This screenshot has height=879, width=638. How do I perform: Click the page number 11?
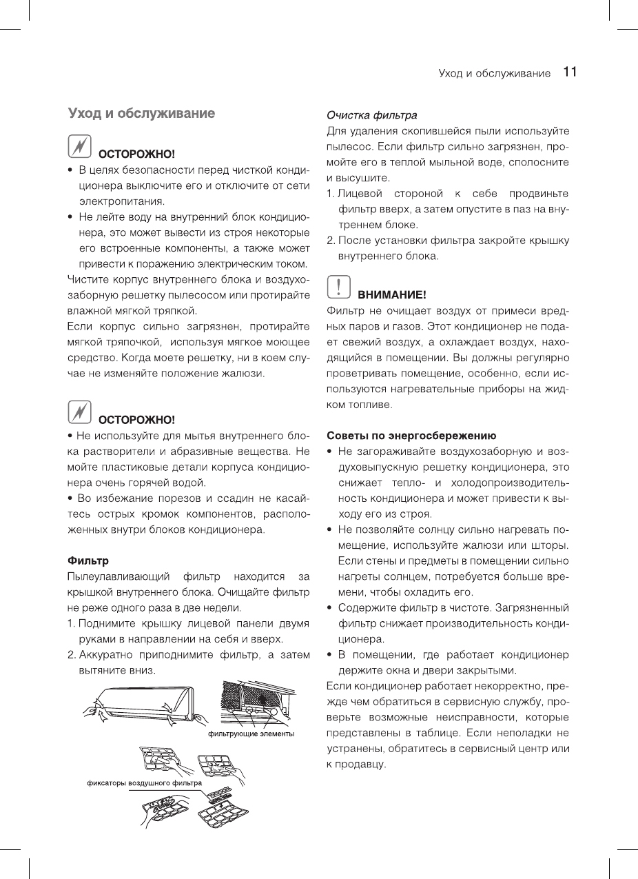point(569,72)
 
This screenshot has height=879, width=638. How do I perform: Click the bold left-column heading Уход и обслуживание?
point(141,113)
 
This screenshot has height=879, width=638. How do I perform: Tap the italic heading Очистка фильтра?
point(371,114)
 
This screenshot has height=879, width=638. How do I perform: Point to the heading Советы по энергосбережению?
point(411,436)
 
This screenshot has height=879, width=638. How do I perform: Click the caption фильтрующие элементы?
point(251,734)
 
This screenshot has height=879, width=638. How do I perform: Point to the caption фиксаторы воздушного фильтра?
point(144,783)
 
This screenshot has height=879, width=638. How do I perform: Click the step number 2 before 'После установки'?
point(331,241)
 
